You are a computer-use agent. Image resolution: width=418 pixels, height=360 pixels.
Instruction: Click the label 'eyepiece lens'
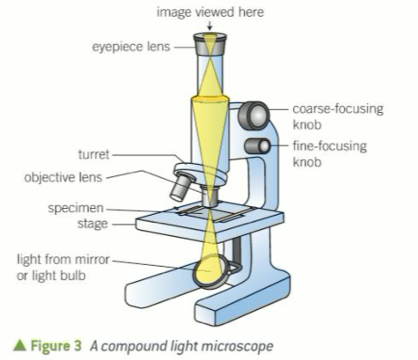pyautogui.click(x=131, y=46)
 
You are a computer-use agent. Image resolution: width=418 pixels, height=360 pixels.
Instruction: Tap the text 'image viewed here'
pyautogui.click(x=210, y=12)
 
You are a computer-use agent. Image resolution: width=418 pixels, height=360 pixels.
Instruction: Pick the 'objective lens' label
pyautogui.click(x=63, y=178)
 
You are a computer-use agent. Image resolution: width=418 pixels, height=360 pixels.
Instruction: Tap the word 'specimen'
pyautogui.click(x=76, y=208)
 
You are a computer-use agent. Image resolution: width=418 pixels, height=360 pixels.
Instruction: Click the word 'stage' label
pyautogui.click(x=92, y=223)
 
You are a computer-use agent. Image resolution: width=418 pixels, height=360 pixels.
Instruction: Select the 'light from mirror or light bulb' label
pyautogui.click(x=62, y=267)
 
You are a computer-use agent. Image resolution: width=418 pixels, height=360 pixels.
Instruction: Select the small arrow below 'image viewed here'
pyautogui.click(x=210, y=27)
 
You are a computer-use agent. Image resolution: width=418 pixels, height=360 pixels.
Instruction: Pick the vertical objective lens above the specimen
pyautogui.click(x=210, y=196)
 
